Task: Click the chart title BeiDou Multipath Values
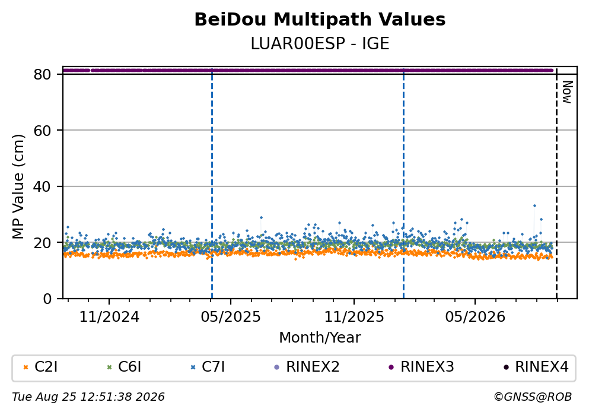coord(320,20)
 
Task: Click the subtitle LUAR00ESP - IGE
coord(320,44)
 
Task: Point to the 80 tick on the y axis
coord(42,74)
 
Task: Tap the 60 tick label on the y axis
coord(42,131)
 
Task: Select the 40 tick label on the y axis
coord(42,186)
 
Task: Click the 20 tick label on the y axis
coord(42,242)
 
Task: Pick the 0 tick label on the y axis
coord(47,299)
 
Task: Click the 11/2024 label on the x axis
coord(109,317)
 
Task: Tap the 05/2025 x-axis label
coord(230,317)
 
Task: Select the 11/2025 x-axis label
coord(354,317)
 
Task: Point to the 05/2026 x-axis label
coord(475,317)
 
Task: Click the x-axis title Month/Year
coord(320,338)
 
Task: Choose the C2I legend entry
coord(40,366)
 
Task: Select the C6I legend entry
coord(125,366)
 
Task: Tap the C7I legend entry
coord(208,366)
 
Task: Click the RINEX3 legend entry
coord(421,366)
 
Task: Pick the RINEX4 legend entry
coord(536,366)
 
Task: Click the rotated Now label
coord(567,92)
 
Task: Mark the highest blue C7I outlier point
coord(534,205)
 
